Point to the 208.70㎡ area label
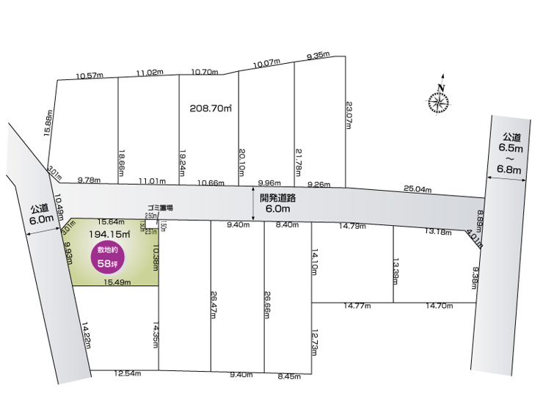(x=211, y=108)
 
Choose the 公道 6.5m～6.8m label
(x=511, y=153)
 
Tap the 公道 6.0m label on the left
(x=42, y=213)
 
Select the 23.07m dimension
(x=349, y=114)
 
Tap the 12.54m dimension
(x=127, y=373)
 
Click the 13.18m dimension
(x=439, y=231)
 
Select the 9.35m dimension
(x=318, y=56)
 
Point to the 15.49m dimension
(x=117, y=282)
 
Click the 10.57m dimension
(x=90, y=75)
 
